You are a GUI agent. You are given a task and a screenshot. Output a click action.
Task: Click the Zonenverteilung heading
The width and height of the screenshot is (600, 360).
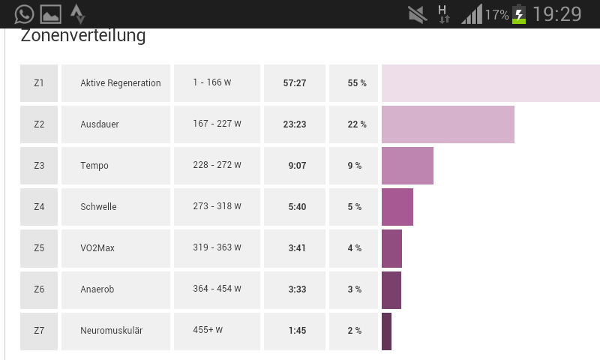pos(82,35)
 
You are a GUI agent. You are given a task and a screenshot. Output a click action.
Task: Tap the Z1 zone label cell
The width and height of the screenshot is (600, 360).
pos(39,83)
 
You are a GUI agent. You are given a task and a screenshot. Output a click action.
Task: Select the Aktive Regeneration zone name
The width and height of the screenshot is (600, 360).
pos(120,83)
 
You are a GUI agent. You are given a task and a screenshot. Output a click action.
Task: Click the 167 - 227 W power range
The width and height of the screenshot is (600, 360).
pos(217,124)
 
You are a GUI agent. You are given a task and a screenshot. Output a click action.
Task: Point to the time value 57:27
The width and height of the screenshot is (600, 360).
pos(295,83)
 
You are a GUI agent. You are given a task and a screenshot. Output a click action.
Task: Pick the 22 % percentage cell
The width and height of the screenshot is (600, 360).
pos(356,124)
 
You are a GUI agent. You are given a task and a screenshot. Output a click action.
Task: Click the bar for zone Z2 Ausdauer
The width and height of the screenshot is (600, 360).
pos(448,124)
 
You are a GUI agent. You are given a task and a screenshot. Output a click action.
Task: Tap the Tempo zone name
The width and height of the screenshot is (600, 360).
pos(94,166)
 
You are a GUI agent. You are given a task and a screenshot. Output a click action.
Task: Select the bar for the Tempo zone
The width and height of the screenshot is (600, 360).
pos(407,166)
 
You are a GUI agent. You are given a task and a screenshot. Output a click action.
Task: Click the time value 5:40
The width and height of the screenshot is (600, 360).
pos(297,207)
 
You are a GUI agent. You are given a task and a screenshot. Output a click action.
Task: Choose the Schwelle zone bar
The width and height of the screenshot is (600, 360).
pos(397,207)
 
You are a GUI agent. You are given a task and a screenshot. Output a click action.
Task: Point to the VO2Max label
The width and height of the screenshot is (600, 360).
pos(97,248)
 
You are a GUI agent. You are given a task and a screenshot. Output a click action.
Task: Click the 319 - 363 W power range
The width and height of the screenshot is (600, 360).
pos(217,248)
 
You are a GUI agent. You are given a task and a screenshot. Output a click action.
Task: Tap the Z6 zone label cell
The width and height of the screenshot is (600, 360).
pos(39,289)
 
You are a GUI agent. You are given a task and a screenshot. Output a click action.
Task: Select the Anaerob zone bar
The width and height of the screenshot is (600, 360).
pos(391,289)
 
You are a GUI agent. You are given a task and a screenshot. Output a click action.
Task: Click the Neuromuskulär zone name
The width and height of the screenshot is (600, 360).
pos(111,331)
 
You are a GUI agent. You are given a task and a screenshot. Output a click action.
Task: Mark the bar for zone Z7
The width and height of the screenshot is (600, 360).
pos(386,331)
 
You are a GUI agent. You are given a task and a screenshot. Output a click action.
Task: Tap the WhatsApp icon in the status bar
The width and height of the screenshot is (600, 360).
pos(24,13)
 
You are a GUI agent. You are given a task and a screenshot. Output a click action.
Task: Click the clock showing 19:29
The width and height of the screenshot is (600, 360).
pos(557,14)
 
